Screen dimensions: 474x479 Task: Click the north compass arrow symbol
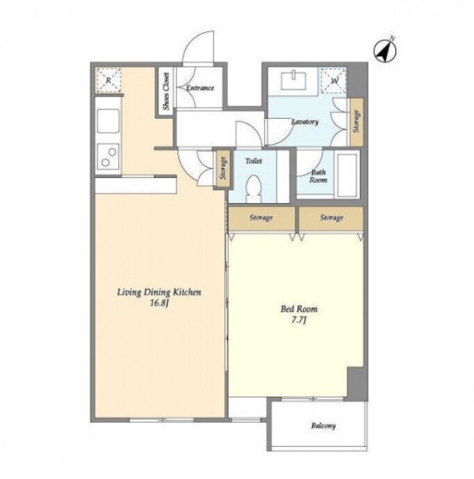coord(386,51)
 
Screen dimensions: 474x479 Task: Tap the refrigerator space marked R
coord(108,81)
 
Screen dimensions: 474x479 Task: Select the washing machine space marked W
coord(334,81)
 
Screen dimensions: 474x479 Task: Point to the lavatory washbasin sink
coord(293,81)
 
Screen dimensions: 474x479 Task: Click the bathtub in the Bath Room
coord(348,174)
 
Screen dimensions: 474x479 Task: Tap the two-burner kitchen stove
coord(108,156)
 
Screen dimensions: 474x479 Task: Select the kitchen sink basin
coord(108,121)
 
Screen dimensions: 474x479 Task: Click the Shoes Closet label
coord(166,91)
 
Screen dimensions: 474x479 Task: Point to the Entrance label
coord(200,88)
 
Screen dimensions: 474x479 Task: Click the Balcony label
coord(323,425)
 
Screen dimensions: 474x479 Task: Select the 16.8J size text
coord(160,304)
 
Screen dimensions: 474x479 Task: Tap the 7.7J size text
coord(299,320)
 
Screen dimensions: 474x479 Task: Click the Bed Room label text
coord(299,309)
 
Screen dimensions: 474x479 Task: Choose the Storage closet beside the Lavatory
coord(357,122)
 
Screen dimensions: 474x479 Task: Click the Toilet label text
coord(254,161)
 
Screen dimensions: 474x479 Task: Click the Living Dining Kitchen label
coord(159,293)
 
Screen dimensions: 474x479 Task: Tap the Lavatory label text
coord(305,122)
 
